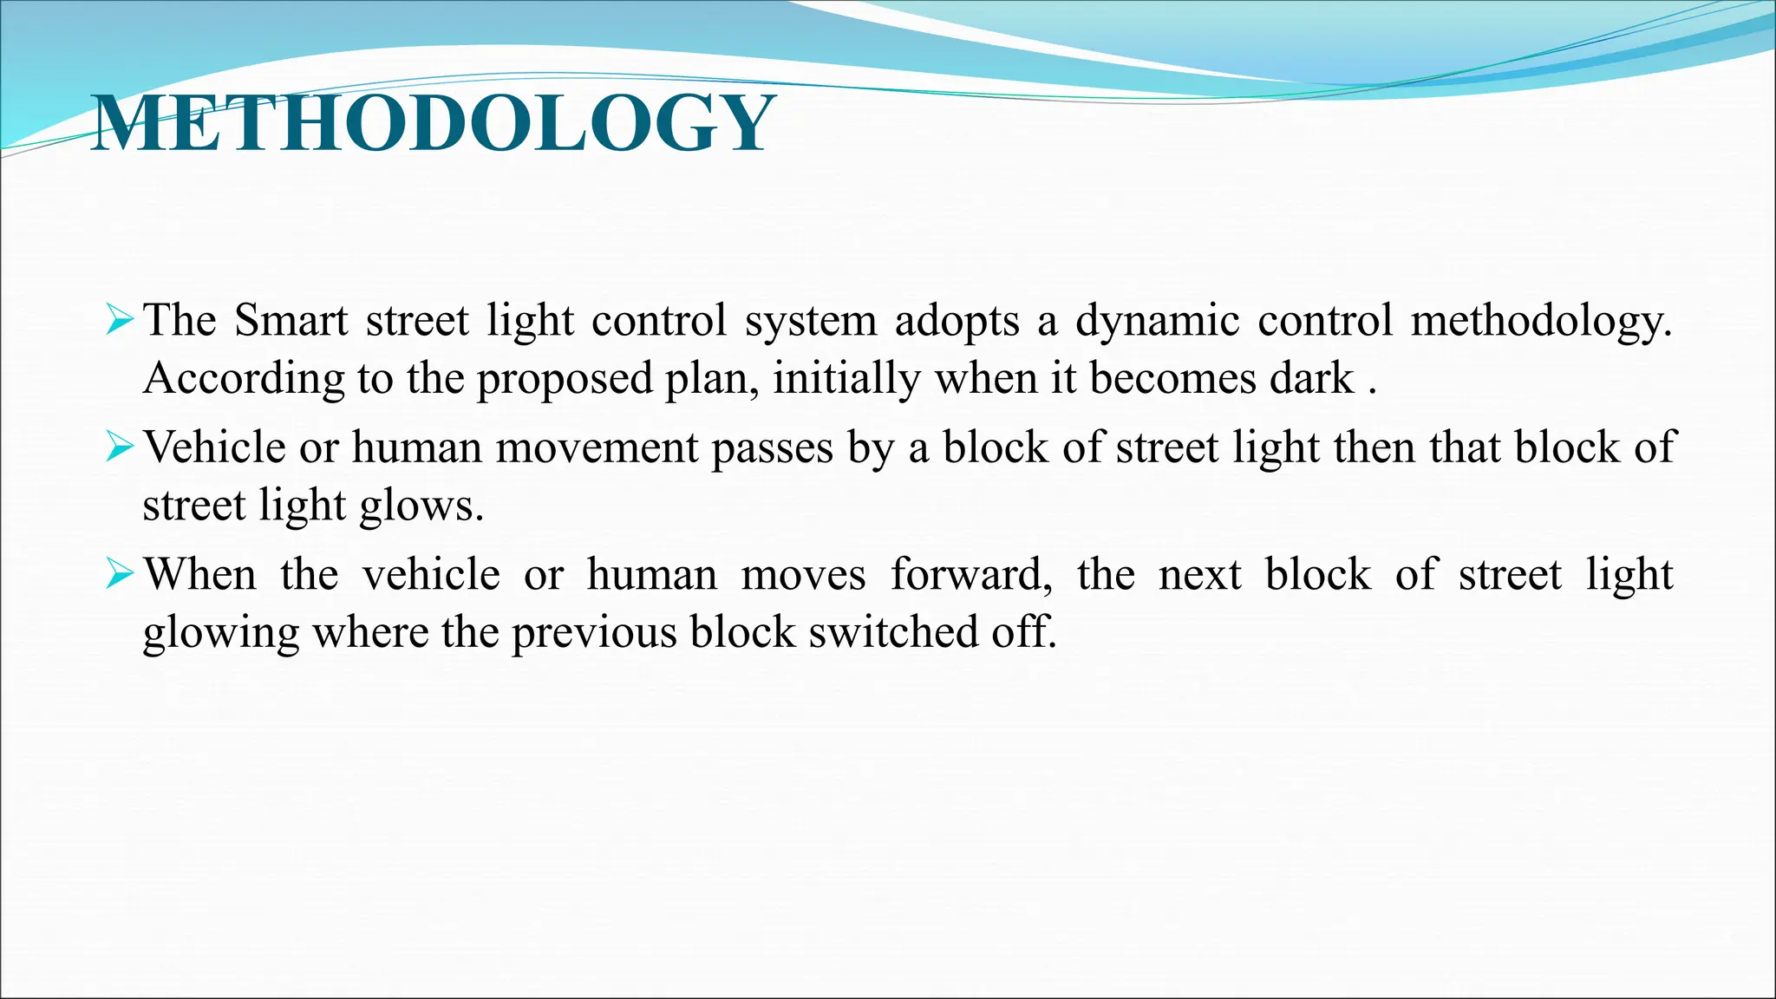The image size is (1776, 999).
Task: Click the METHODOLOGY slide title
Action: (432, 124)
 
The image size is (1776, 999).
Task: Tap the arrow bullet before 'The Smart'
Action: (119, 320)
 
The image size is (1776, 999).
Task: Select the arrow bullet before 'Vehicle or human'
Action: (119, 447)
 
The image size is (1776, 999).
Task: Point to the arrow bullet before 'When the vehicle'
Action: (119, 574)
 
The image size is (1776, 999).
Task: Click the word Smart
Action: (291, 320)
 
